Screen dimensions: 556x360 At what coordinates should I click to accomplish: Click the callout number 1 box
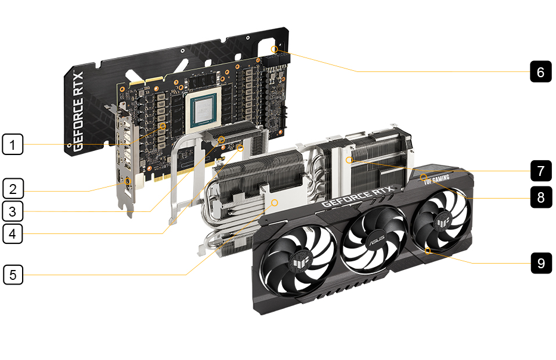[x=13, y=144]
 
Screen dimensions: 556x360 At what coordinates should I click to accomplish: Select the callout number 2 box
[x=13, y=188]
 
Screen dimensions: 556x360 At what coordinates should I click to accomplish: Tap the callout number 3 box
[x=13, y=211]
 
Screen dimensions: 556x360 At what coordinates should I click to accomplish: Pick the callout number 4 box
[x=13, y=233]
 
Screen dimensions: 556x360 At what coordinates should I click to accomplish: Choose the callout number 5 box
[x=13, y=275]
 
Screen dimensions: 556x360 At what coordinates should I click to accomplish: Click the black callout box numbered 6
[x=541, y=71]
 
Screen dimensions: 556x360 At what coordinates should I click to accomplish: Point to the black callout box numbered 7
[x=541, y=171]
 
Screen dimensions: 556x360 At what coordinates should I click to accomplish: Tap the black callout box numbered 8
[x=541, y=197]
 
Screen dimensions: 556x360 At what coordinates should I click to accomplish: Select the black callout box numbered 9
[x=541, y=263]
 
